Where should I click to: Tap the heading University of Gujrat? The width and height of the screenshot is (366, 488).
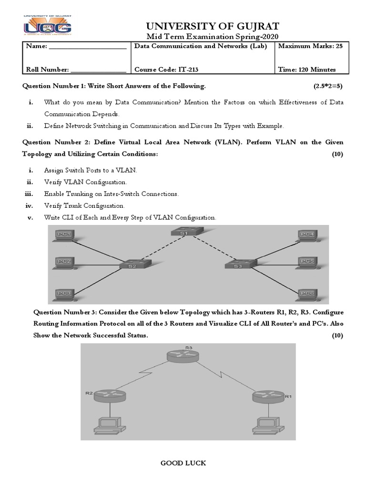pos(206,26)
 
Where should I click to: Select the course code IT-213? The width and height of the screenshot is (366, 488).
pos(166,70)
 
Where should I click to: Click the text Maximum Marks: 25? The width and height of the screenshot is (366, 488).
pos(307,46)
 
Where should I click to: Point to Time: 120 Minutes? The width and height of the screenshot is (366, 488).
pos(306,70)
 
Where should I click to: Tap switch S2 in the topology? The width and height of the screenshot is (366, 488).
pos(132,265)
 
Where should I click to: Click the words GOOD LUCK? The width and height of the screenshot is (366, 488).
pos(183,463)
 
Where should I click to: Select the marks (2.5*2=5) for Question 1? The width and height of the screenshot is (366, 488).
pos(325,86)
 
